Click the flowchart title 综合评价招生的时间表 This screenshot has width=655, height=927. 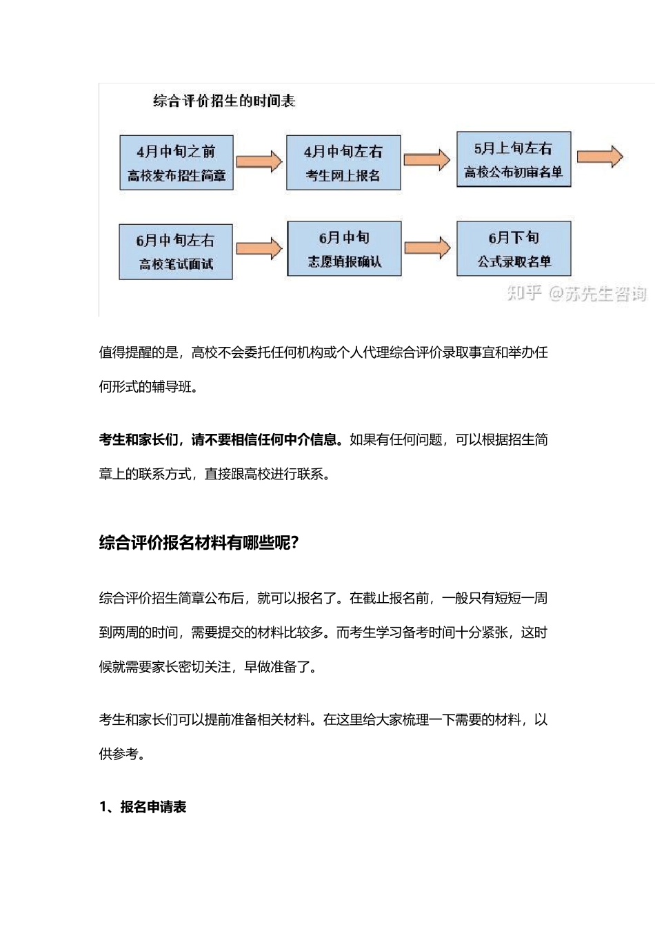pos(224,101)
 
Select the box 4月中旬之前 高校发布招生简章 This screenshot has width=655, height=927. pos(177,163)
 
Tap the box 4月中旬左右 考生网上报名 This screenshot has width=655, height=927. pos(343,163)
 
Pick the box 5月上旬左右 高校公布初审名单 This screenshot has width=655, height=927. pos(514,159)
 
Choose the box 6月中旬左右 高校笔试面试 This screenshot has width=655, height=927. pos(176,252)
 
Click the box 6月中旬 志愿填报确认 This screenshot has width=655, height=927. pos(344,249)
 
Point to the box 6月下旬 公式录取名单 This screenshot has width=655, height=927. pos(514,249)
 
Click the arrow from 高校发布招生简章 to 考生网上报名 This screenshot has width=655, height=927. pos(259,161)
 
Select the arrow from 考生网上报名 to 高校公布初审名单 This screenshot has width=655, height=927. pos(427,160)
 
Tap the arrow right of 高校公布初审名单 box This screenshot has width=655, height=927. pos(600,157)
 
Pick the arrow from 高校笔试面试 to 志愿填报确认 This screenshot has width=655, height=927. pos(259,249)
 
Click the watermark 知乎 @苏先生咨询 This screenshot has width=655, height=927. pos(576,294)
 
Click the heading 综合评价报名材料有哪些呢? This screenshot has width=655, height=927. pos(199,543)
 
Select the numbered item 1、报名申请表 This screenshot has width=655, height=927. pos(143,807)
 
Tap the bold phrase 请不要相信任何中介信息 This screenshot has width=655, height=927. pos(266,440)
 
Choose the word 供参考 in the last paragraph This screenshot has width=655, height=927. pos(119,754)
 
